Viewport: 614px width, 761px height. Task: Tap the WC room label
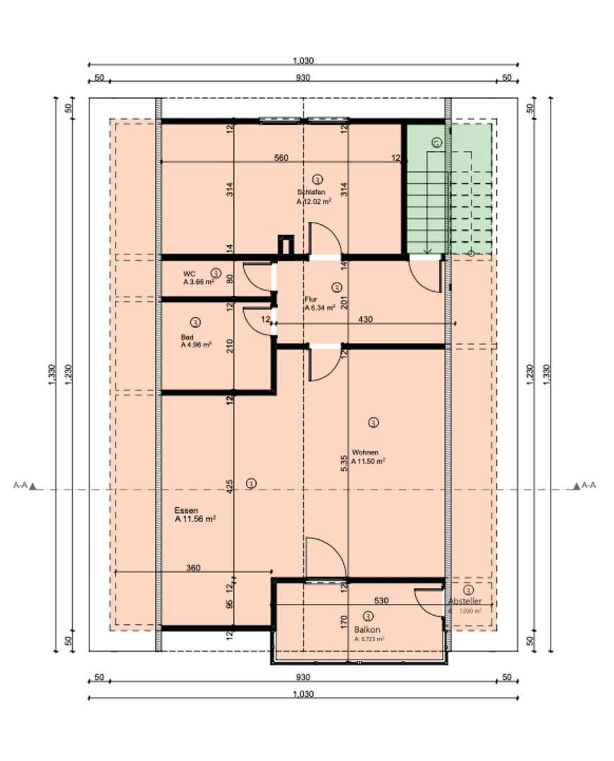tap(189, 273)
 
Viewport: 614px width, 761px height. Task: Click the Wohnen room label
tap(366, 452)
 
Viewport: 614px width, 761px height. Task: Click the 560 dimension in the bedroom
tap(281, 158)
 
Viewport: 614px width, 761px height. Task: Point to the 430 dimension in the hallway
tap(365, 319)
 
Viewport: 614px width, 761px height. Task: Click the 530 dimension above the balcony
tap(381, 600)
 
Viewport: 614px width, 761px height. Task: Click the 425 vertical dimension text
tap(229, 488)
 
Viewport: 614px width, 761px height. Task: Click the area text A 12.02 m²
tap(314, 201)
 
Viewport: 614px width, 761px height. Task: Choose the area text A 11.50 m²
tap(369, 462)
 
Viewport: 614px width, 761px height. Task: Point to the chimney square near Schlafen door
tap(286, 244)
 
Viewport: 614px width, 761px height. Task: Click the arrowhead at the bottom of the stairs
tap(427, 250)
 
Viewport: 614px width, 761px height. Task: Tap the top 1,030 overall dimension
tap(304, 61)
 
